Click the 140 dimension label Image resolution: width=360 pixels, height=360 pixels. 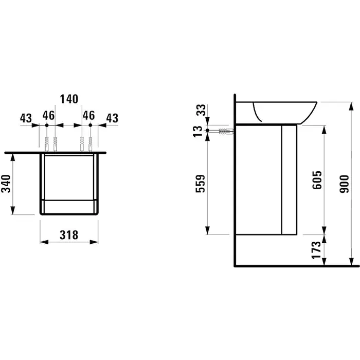click(69, 99)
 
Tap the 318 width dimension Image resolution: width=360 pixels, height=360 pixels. click(69, 235)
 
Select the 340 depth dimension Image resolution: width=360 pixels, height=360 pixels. click(6, 184)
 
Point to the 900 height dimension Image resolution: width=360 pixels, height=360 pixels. click(344, 184)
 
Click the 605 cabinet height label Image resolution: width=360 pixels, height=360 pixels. click(317, 180)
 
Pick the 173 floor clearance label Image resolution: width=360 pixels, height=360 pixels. click(316, 250)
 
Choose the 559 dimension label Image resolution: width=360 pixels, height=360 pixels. click(200, 184)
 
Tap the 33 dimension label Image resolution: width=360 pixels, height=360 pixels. click(201, 110)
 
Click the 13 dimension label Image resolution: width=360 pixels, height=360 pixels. click(197, 132)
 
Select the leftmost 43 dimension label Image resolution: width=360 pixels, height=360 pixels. click(26, 118)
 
